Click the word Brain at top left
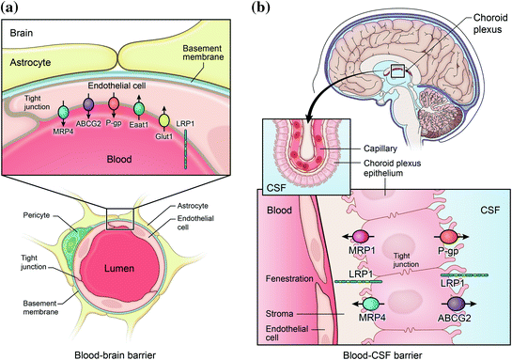coord(23,33)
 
